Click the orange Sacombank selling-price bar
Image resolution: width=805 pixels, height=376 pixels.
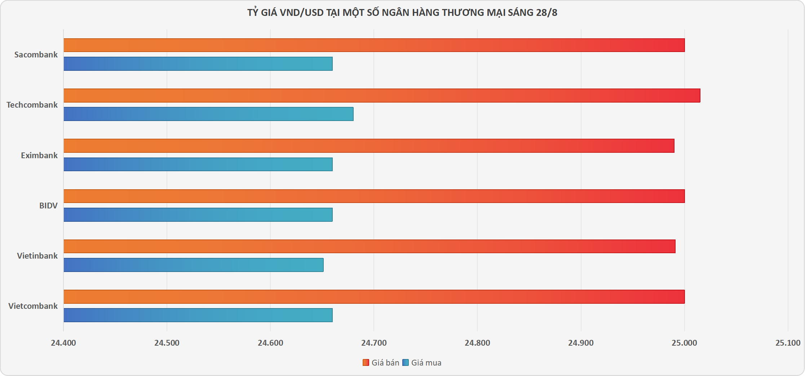click(x=374, y=45)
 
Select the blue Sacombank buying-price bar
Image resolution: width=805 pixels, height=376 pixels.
click(x=198, y=64)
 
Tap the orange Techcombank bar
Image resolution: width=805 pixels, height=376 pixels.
click(x=382, y=95)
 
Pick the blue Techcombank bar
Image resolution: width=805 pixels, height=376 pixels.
click(x=208, y=114)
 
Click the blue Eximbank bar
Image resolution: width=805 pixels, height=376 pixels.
click(x=198, y=164)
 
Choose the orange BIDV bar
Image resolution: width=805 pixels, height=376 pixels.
click(x=374, y=196)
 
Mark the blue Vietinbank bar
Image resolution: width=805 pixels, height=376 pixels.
click(x=193, y=265)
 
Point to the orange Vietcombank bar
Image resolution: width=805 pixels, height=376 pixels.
click(x=374, y=297)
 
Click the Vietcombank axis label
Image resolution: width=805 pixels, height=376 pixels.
click(x=33, y=306)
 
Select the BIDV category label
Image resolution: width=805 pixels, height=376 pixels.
click(x=48, y=206)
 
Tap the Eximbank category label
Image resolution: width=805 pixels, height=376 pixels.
click(x=39, y=155)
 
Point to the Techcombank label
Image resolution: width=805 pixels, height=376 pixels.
click(x=32, y=105)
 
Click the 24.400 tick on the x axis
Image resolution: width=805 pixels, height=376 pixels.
click(x=63, y=343)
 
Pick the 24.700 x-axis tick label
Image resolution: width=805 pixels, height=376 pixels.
click(x=374, y=343)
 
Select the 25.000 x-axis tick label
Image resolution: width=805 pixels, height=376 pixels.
click(x=684, y=343)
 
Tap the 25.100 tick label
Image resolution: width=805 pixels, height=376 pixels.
click(x=788, y=343)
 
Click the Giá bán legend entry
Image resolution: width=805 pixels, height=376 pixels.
click(x=381, y=363)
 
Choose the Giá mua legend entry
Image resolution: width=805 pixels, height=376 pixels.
click(x=422, y=363)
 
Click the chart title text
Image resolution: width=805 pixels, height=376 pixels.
click(x=402, y=13)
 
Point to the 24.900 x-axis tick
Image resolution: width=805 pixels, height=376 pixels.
click(x=581, y=343)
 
